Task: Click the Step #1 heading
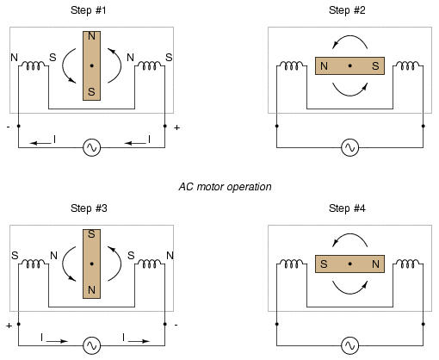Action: [89, 10]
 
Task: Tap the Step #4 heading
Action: [347, 208]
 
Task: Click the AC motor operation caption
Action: [225, 187]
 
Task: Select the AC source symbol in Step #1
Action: [91, 147]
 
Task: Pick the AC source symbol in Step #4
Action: [349, 345]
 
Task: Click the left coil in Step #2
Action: [291, 65]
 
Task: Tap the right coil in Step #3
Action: [150, 264]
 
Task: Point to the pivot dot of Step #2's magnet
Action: [349, 65]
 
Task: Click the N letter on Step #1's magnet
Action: [91, 36]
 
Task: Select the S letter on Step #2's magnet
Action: [375, 66]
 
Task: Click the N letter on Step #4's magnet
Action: [375, 264]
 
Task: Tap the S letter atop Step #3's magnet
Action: [91, 234]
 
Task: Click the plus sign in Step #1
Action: [176, 127]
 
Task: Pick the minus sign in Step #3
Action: [176, 325]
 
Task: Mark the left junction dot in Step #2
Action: [276, 126]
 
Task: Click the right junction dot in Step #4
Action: [423, 324]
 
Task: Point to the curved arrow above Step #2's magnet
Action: [349, 36]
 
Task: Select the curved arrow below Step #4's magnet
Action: [349, 294]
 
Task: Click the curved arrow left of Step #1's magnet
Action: [63, 65]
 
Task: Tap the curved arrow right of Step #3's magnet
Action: [121, 264]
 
